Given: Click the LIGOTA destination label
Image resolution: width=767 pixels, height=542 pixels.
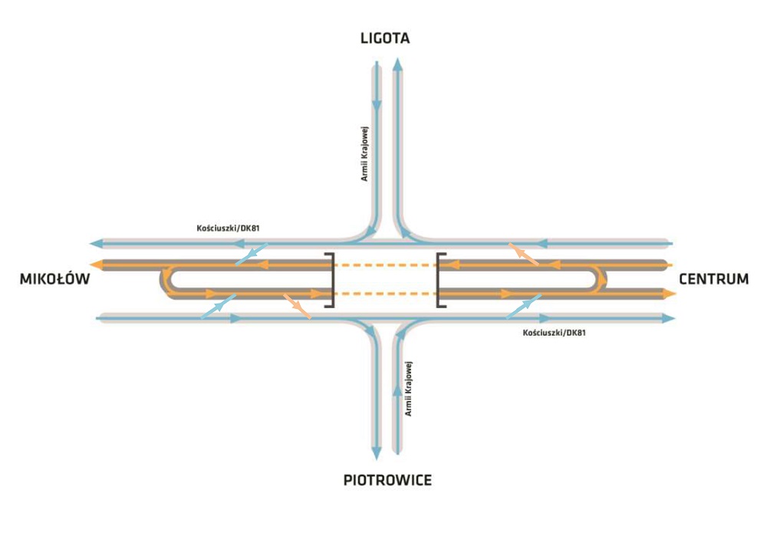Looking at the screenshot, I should [x=385, y=38].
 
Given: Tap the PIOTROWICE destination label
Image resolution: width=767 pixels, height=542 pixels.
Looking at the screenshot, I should [x=387, y=481].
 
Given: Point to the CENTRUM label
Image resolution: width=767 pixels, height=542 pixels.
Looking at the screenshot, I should [x=714, y=279].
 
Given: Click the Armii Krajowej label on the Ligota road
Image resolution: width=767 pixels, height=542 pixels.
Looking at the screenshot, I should [x=365, y=153].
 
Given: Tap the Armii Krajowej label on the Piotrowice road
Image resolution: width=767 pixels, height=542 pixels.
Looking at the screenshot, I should [x=410, y=388].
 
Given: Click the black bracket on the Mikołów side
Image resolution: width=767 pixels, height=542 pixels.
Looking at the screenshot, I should [x=330, y=279].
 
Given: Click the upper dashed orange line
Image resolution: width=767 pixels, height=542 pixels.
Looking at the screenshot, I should [x=385, y=265].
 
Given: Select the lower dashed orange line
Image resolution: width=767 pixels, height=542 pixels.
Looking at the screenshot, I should [x=385, y=294].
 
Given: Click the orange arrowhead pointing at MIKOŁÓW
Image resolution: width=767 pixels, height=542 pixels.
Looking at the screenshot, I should [x=95, y=264].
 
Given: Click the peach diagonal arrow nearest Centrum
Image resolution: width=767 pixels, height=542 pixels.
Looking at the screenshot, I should [x=525, y=254].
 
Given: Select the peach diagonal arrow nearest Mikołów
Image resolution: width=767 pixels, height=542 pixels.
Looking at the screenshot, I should [x=297, y=305].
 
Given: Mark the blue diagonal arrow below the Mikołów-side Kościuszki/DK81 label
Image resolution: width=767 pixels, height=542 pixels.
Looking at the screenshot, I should [x=251, y=255].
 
